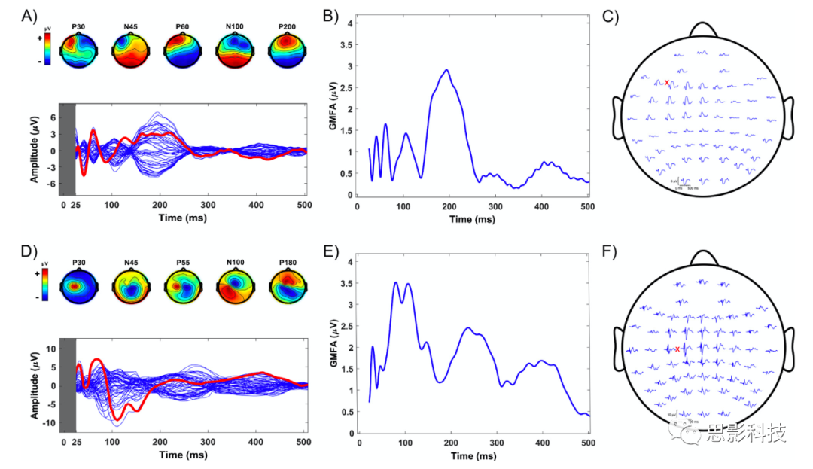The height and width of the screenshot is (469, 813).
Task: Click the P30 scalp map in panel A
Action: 78,50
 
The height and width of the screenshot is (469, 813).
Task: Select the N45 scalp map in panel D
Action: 129,287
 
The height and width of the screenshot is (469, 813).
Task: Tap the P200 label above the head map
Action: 287,27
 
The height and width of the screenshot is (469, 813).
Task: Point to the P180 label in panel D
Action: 287,263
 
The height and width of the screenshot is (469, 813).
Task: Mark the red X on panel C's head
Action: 667,83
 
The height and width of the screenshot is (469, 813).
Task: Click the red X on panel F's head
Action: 677,349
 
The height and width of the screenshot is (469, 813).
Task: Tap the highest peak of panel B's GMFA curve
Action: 446,70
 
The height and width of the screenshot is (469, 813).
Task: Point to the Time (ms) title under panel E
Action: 473,456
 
